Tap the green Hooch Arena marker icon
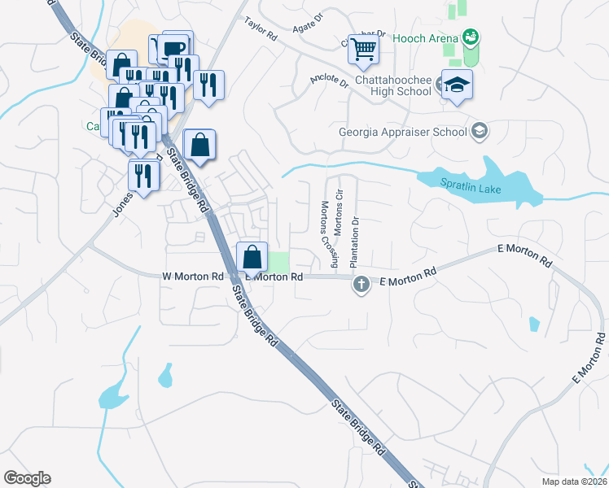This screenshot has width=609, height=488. click(x=470, y=37)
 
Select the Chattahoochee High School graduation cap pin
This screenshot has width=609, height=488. click(x=457, y=85)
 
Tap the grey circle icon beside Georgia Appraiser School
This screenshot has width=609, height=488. click(x=480, y=131)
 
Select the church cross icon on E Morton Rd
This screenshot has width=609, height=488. click(x=361, y=285)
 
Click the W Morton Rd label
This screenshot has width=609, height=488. click(x=193, y=277)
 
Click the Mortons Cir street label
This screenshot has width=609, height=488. click(x=340, y=211)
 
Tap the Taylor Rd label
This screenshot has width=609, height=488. click(x=261, y=30)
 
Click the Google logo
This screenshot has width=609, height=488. click(x=27, y=478)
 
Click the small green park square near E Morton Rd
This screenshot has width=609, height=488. click(x=279, y=262)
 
